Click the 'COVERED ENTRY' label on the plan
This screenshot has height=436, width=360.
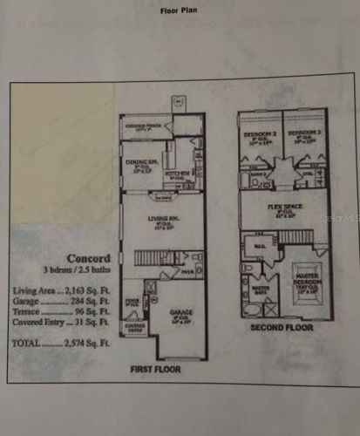click(135, 324)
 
